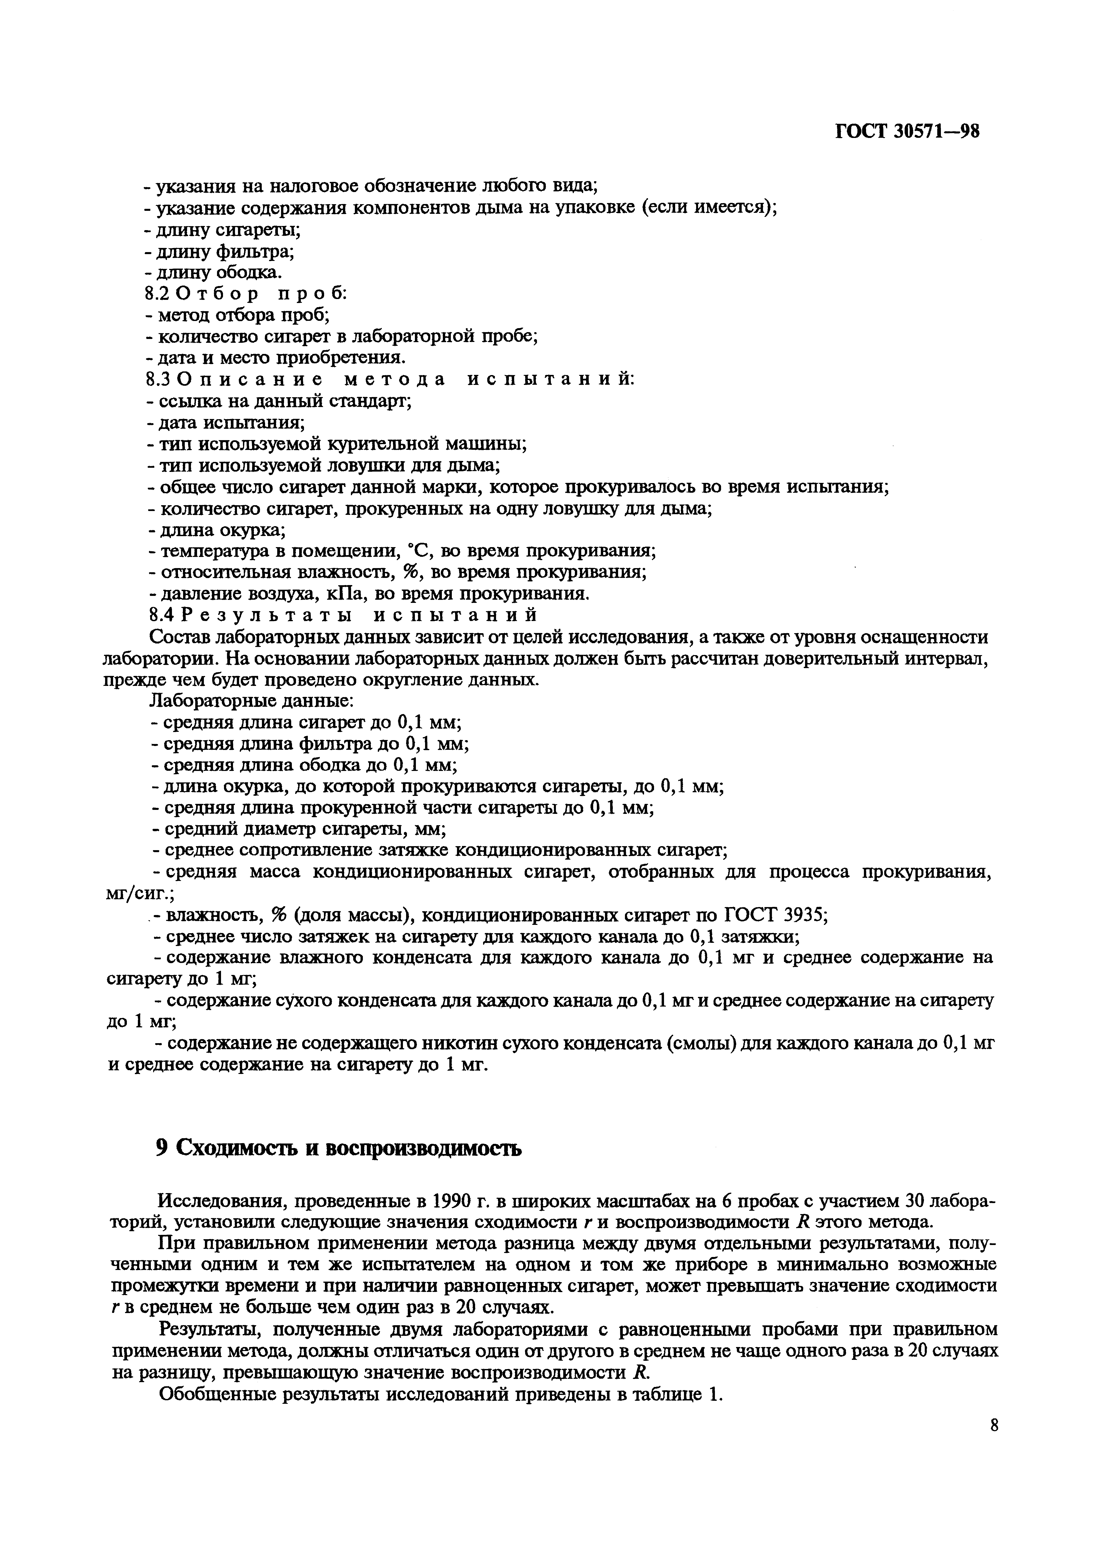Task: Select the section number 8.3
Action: point(157,379)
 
